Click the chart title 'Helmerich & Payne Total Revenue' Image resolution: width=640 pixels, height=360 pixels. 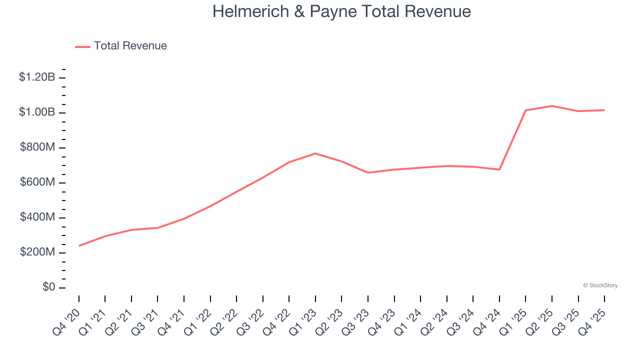(341, 11)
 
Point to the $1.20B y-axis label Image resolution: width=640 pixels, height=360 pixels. (37, 77)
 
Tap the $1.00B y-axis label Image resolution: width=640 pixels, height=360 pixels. (37, 112)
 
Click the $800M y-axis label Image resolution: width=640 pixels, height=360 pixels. (37, 147)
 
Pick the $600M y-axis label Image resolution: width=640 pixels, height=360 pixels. (37, 182)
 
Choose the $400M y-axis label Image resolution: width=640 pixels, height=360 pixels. (37, 217)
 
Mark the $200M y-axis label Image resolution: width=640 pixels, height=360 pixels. (37, 252)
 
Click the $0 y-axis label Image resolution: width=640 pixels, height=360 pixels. (48, 287)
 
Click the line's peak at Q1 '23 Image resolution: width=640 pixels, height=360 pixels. (315, 153)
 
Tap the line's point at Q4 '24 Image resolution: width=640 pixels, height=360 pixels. (499, 169)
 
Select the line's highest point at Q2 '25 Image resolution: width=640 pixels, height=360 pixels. (552, 106)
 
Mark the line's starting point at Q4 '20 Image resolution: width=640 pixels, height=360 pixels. (79, 246)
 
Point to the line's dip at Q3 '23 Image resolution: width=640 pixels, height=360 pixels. (368, 172)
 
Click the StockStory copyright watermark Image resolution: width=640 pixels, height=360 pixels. (600, 285)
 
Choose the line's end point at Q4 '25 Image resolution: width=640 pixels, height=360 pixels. (604, 110)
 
